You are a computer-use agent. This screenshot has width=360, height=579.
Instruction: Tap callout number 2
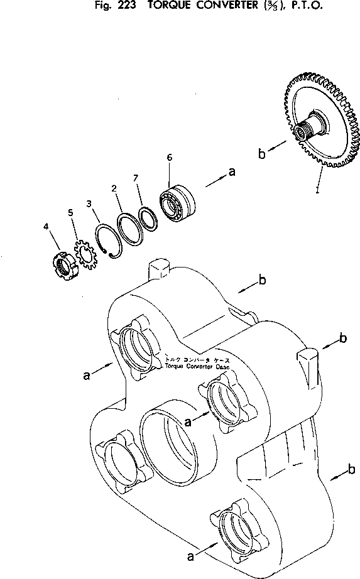113,188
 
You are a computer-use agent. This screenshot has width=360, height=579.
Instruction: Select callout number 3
89,203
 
